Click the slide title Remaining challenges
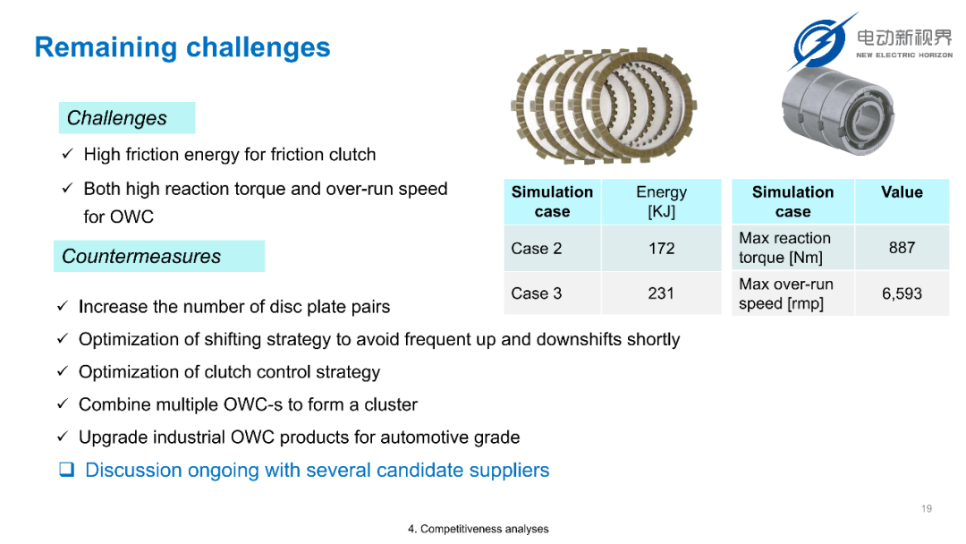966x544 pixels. (x=182, y=47)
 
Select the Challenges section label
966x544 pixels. (x=127, y=118)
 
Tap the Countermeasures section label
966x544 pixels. (x=159, y=256)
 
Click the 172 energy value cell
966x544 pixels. (x=662, y=248)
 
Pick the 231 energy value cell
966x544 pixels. (x=662, y=293)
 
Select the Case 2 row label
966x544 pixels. (x=552, y=248)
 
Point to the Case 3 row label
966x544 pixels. (x=552, y=293)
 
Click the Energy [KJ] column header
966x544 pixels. (x=662, y=201)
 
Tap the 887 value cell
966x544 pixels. (x=902, y=248)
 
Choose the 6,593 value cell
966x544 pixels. (x=902, y=293)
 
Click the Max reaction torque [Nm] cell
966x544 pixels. (x=792, y=248)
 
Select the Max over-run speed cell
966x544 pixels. (x=792, y=293)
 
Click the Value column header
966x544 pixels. (x=902, y=201)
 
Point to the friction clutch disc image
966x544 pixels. (x=604, y=106)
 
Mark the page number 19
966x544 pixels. (x=927, y=508)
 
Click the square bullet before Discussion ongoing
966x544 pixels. (x=66, y=470)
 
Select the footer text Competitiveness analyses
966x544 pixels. (x=484, y=529)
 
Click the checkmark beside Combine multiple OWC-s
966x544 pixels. (x=63, y=404)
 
